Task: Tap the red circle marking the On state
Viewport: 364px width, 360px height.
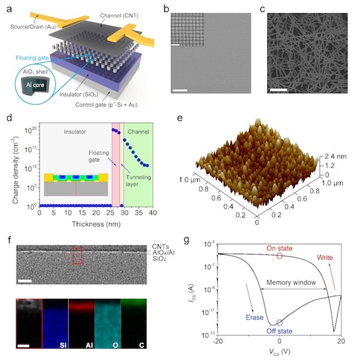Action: click(279, 256)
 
